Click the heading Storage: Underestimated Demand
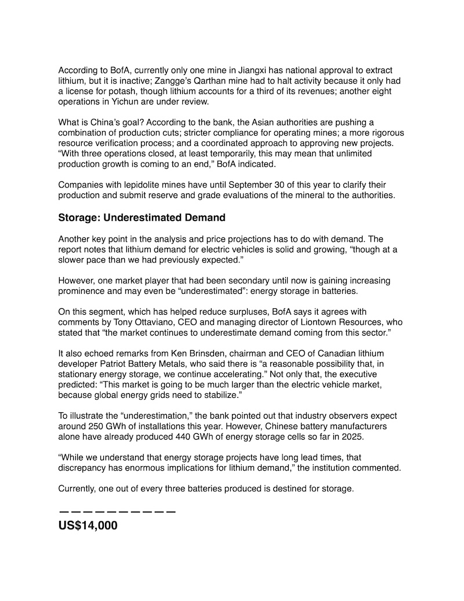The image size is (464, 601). (x=142, y=218)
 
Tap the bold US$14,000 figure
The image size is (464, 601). (x=88, y=526)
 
